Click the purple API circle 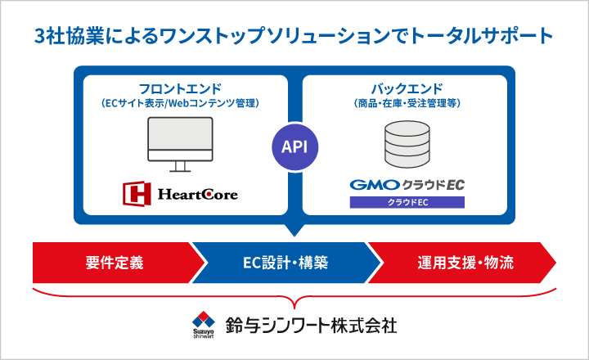pyautogui.click(x=294, y=147)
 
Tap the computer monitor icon pyautogui.click(x=180, y=141)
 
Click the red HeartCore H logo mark pyautogui.click(x=135, y=193)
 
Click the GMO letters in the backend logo pyautogui.click(x=374, y=185)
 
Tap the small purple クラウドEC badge pyautogui.click(x=407, y=201)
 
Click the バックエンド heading pyautogui.click(x=407, y=88)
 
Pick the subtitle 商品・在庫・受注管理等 pyautogui.click(x=407, y=103)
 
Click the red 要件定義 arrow pyautogui.click(x=115, y=263)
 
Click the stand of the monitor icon pyautogui.click(x=180, y=167)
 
